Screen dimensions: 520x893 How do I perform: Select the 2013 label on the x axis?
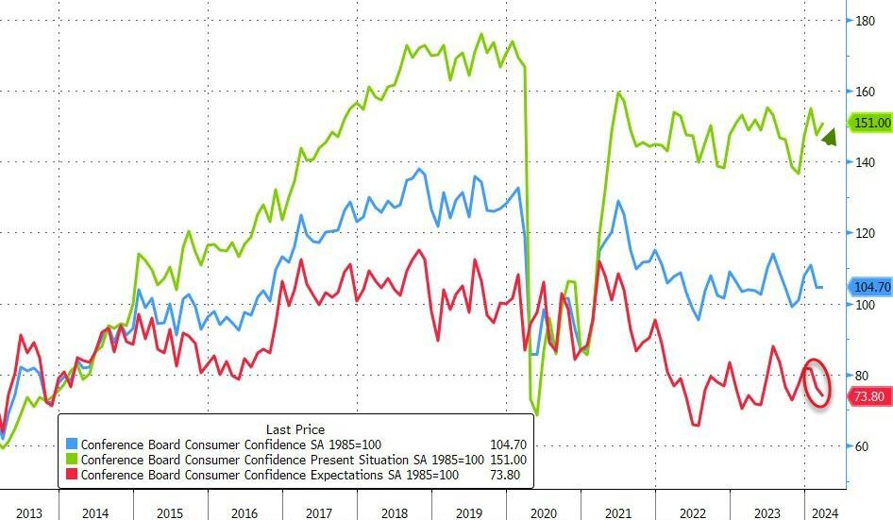pyautogui.click(x=28, y=512)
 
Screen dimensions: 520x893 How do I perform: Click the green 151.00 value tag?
pyautogui.click(x=870, y=123)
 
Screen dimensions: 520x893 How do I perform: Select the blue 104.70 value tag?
pyautogui.click(x=870, y=287)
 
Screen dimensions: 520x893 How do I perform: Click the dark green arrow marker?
pyautogui.click(x=829, y=139)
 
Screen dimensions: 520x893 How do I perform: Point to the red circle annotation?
pyautogui.click(x=817, y=383)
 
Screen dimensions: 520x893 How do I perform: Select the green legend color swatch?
pyautogui.click(x=72, y=460)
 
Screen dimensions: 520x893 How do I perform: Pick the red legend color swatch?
pyautogui.click(x=72, y=475)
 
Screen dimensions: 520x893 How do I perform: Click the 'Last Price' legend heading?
pyautogui.click(x=295, y=430)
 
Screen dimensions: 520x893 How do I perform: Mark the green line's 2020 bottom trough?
pyautogui.click(x=537, y=413)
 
